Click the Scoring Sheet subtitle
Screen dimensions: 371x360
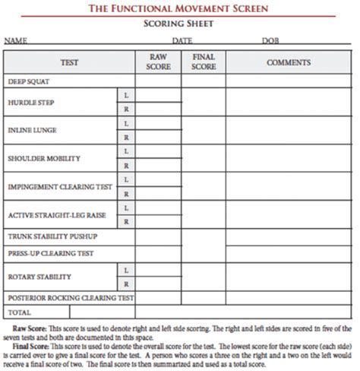[x=179, y=24]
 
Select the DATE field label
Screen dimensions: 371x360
[x=182, y=40]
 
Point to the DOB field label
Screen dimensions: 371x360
[x=271, y=40]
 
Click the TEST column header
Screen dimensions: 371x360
[x=69, y=62]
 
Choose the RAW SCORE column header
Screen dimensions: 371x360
[x=157, y=62]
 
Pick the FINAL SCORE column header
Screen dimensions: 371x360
[x=204, y=62]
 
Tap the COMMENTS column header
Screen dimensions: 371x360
[x=289, y=62]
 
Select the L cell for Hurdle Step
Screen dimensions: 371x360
[x=126, y=94]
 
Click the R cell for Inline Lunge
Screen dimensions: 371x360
[x=126, y=138]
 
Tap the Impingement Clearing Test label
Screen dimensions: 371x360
[x=60, y=186]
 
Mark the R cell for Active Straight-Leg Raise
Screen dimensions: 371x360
[x=126, y=221]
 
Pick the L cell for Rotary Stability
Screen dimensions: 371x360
[x=126, y=269]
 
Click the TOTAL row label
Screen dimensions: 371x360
[x=19, y=312]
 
